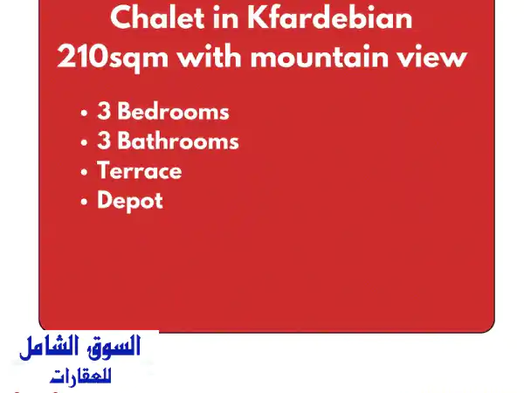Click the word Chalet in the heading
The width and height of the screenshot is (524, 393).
[157, 18]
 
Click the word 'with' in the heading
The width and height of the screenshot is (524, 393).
[213, 58]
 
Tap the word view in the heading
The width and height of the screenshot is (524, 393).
[433, 58]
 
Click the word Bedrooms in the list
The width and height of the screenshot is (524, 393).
[173, 112]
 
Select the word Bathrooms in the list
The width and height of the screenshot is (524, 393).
[177, 141]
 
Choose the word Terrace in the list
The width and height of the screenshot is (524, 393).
[140, 171]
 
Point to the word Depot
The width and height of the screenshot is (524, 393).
[130, 201]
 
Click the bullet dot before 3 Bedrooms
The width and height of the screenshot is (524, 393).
[84, 114]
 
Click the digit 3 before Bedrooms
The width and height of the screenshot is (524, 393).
[104, 112]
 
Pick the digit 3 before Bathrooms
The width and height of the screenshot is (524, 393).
[104, 141]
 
